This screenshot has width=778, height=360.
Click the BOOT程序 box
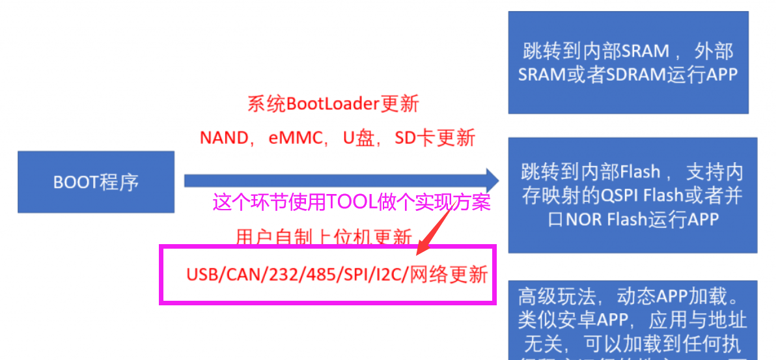[x=96, y=182]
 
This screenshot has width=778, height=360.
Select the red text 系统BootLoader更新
[x=333, y=104]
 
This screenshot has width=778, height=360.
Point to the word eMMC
[x=296, y=138]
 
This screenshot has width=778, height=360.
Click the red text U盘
[x=357, y=138]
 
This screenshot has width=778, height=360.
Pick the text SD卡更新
[x=435, y=138]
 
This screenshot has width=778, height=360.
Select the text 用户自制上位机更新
[x=324, y=238]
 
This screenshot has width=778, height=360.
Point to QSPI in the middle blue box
[x=622, y=195]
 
